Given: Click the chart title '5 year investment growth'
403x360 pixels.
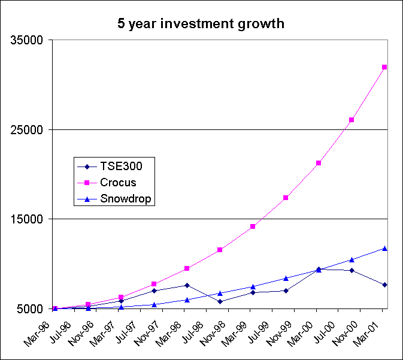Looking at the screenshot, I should (201, 24).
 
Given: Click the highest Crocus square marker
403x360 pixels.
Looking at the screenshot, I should (384, 67).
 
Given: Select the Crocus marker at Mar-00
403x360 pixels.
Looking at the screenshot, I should (319, 163).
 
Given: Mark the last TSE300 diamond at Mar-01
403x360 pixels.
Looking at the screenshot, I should (384, 285).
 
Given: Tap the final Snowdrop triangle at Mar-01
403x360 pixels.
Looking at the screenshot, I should (384, 248).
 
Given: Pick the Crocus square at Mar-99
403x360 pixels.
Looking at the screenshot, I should (253, 226).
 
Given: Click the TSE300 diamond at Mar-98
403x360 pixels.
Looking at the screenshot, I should (187, 285).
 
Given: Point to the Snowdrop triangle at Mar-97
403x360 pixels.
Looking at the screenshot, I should (121, 307).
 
